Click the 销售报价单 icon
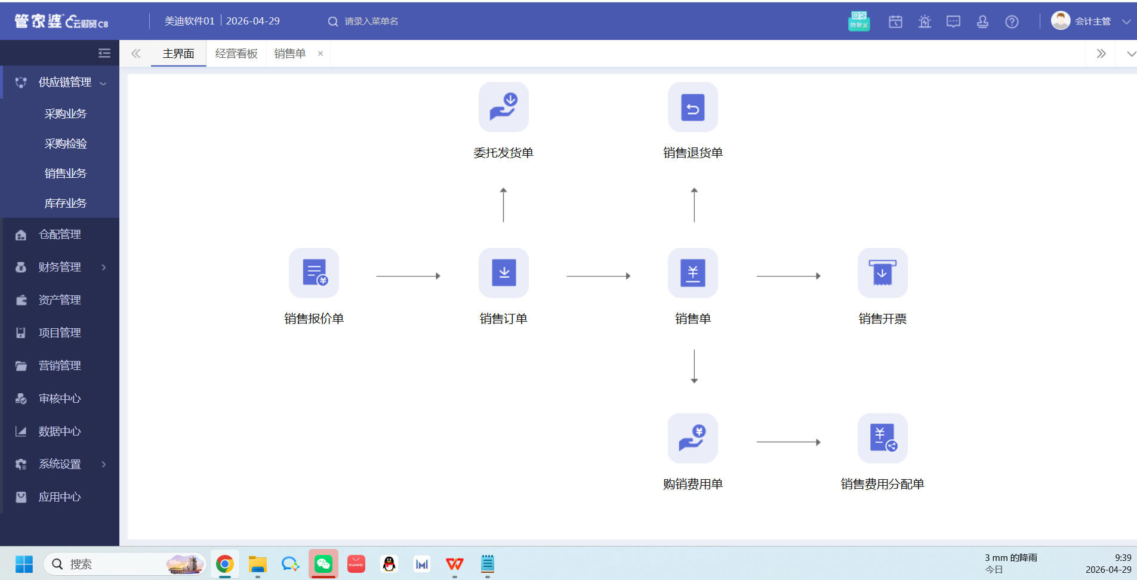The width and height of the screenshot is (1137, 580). point(314,273)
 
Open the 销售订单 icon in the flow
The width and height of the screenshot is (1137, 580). point(504,273)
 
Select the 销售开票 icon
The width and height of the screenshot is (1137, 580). point(883,273)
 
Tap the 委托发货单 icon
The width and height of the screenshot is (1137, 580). point(504,107)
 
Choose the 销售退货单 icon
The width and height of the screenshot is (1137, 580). point(693,107)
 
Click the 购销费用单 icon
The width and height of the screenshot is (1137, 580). point(693,438)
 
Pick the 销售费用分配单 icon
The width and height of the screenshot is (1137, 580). point(883,438)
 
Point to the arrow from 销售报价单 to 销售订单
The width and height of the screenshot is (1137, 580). point(408,276)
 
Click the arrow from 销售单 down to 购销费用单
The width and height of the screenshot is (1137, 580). point(694,366)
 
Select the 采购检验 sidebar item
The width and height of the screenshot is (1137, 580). point(66,143)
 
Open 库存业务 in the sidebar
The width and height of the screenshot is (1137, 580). point(66,203)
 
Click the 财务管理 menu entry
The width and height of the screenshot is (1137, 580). point(60,267)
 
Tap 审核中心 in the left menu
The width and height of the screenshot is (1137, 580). point(60,398)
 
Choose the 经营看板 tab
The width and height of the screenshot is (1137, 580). point(236,54)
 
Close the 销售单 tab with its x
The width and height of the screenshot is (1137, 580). point(321,54)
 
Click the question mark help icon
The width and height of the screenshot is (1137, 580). point(1012,21)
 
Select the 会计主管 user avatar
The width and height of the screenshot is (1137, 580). point(1060,20)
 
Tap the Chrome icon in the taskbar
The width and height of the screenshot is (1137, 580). point(225,564)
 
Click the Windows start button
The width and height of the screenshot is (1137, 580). point(24,564)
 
